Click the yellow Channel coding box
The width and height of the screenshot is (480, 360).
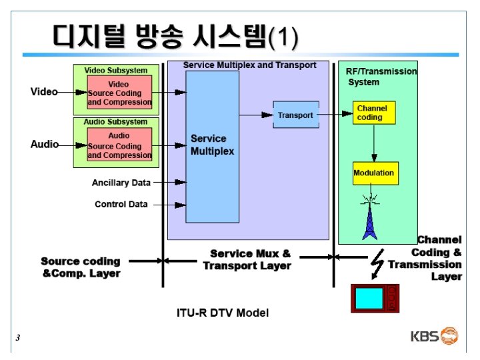tap(373, 113)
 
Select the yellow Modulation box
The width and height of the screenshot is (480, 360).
tap(375, 173)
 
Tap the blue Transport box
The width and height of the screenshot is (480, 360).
tap(295, 115)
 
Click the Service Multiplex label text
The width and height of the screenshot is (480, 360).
tap(213, 145)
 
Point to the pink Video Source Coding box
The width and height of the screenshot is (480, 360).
tap(119, 93)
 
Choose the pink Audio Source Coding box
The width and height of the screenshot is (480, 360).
tap(119, 145)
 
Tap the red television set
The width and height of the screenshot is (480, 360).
tap(374, 298)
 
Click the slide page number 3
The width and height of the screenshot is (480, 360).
tap(18, 339)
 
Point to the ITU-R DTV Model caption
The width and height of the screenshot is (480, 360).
tap(223, 312)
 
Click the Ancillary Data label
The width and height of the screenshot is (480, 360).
tap(121, 182)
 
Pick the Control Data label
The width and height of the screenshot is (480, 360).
tap(121, 204)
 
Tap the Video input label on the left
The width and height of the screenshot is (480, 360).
tap(44, 92)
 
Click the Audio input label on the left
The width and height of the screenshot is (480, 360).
tap(45, 144)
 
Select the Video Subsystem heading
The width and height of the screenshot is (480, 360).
tap(116, 70)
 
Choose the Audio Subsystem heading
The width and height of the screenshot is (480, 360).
tap(116, 122)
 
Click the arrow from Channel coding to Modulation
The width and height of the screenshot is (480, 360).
tap(374, 143)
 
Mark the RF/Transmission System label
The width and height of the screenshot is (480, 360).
tap(381, 77)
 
